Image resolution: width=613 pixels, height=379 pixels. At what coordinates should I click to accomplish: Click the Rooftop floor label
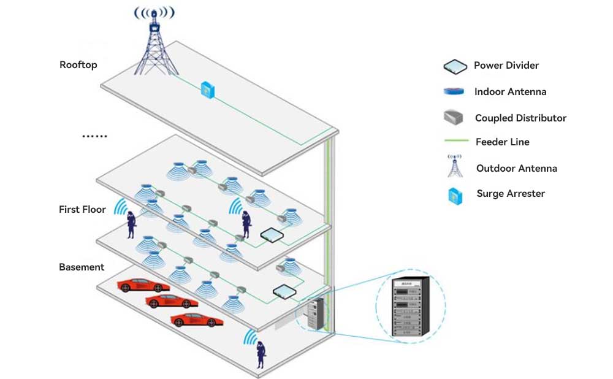point(78,65)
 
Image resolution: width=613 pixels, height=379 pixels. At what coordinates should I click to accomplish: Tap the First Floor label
point(82,210)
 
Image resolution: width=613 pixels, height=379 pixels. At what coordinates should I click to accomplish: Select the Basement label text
point(82,267)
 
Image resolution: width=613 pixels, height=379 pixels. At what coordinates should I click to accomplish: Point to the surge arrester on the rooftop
point(207,90)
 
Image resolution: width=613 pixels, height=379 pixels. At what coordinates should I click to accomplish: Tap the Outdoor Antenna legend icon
point(455,167)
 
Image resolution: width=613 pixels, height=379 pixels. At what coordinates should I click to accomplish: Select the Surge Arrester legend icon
point(455,196)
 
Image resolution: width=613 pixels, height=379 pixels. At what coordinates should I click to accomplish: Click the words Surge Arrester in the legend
point(511,194)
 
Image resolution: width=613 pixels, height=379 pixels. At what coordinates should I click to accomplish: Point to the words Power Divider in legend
point(506,66)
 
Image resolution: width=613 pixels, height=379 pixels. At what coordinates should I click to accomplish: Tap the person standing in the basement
point(261,354)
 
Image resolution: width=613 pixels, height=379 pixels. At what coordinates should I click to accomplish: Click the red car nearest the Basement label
point(143,285)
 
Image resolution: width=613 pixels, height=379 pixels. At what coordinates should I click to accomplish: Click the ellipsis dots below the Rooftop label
point(95,136)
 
